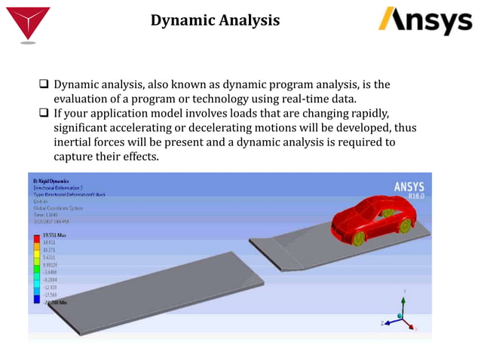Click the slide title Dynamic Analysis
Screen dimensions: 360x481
coord(215,20)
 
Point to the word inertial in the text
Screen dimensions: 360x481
coord(78,142)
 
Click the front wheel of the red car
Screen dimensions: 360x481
coord(358,238)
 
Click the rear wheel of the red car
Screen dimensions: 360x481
coord(406,224)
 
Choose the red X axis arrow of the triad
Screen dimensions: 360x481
coord(411,326)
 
